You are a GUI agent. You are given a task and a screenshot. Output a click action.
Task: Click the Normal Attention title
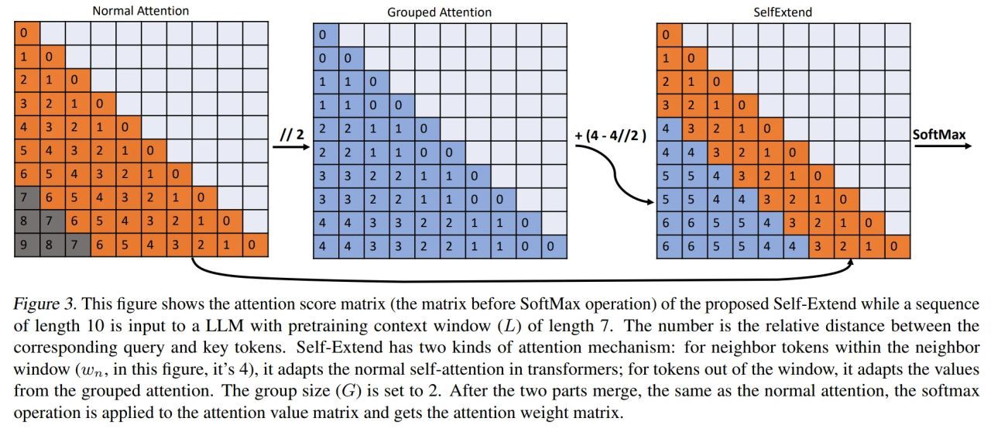140,11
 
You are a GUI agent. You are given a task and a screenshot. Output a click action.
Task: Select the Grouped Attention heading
439,12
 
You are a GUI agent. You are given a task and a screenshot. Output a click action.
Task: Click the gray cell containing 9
26,247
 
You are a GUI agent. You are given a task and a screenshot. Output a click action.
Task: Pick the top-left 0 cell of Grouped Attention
325,35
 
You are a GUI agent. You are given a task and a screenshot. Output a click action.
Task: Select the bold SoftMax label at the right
939,135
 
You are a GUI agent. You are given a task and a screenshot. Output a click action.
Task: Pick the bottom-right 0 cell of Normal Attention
255,247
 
